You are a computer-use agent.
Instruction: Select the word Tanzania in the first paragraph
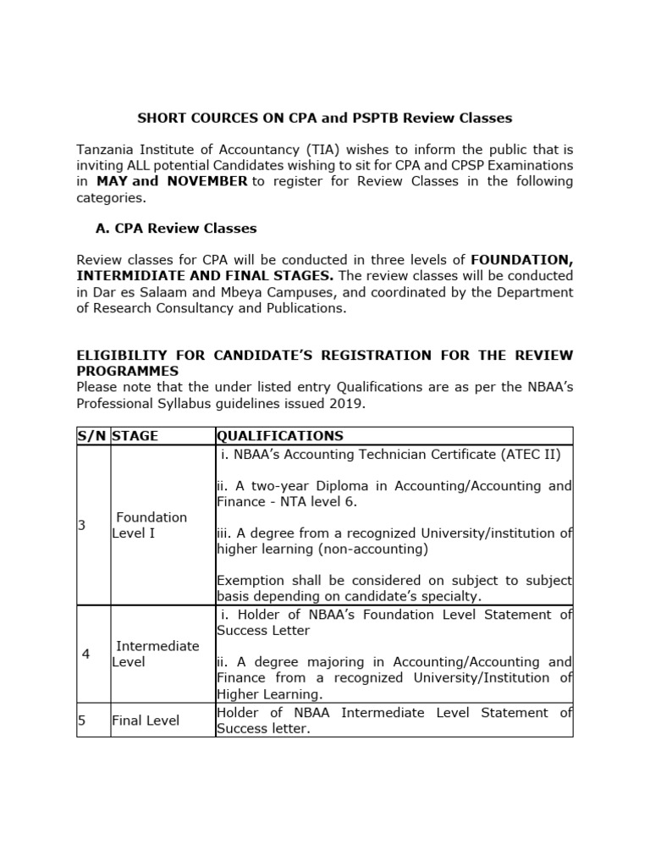click(106, 150)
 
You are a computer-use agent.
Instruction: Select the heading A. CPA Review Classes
click(176, 229)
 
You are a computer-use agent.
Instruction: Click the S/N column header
click(92, 436)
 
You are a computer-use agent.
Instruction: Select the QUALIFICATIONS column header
click(280, 436)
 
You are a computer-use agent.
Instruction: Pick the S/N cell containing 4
click(85, 654)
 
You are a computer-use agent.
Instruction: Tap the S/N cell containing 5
click(82, 721)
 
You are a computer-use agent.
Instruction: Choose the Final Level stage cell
click(146, 721)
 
